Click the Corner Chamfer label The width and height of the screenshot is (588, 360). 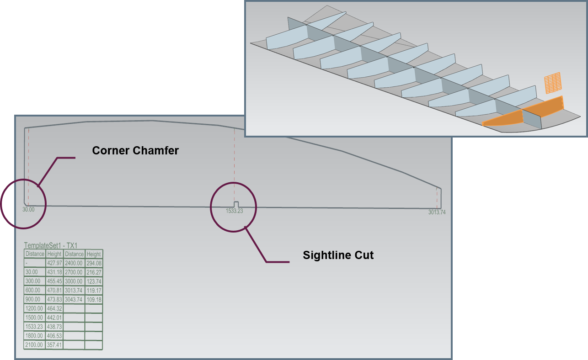coord(135,150)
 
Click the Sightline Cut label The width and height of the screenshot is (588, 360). coord(338,255)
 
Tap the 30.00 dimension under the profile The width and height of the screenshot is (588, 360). coord(28,210)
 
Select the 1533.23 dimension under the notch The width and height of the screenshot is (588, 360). coord(234,211)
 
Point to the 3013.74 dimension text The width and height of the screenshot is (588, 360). coord(437,212)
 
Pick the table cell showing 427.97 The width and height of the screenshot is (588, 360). coord(54,263)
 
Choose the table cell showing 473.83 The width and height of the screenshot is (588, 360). coord(54,300)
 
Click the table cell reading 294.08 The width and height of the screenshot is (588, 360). coord(94,263)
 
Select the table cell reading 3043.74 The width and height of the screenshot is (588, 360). coord(74,300)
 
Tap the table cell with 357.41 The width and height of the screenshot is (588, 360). coord(54,345)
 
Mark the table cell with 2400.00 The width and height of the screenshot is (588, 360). coord(74,263)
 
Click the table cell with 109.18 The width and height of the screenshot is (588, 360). coord(94,300)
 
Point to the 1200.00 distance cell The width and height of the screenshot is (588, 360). coord(35,309)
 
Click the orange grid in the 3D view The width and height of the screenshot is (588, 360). coord(552,83)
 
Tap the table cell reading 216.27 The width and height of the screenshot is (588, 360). coord(94,272)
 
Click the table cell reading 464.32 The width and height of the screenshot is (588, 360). coord(54,309)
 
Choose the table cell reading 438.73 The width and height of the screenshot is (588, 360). coord(54,327)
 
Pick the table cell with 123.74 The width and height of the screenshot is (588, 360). coord(94,281)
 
